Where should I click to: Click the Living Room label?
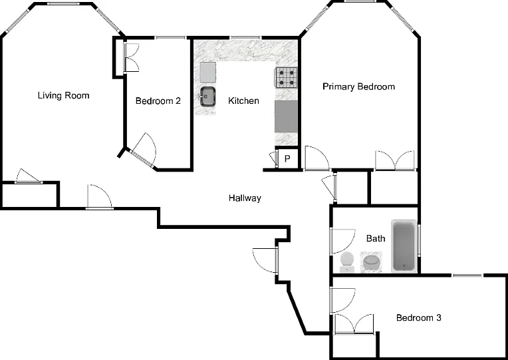point(64,95)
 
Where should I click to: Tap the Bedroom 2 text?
point(158,101)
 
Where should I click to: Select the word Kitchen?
point(243,100)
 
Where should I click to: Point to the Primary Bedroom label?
point(358,87)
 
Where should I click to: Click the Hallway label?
point(245,198)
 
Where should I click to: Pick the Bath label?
point(376,238)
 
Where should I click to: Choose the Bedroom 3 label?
point(419,317)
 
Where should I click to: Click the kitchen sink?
point(207,96)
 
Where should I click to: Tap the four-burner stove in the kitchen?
point(287,77)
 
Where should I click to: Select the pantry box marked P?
point(287,158)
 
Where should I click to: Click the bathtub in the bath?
point(404,246)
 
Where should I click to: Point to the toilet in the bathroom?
point(347,262)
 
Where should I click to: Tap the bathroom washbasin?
point(371,262)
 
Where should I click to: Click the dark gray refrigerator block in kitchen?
point(286,116)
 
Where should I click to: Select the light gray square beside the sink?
point(207,73)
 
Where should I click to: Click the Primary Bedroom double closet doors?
point(395,160)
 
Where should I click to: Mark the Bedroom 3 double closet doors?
point(354,323)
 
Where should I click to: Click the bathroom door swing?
point(343,242)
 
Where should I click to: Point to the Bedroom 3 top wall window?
point(467,275)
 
